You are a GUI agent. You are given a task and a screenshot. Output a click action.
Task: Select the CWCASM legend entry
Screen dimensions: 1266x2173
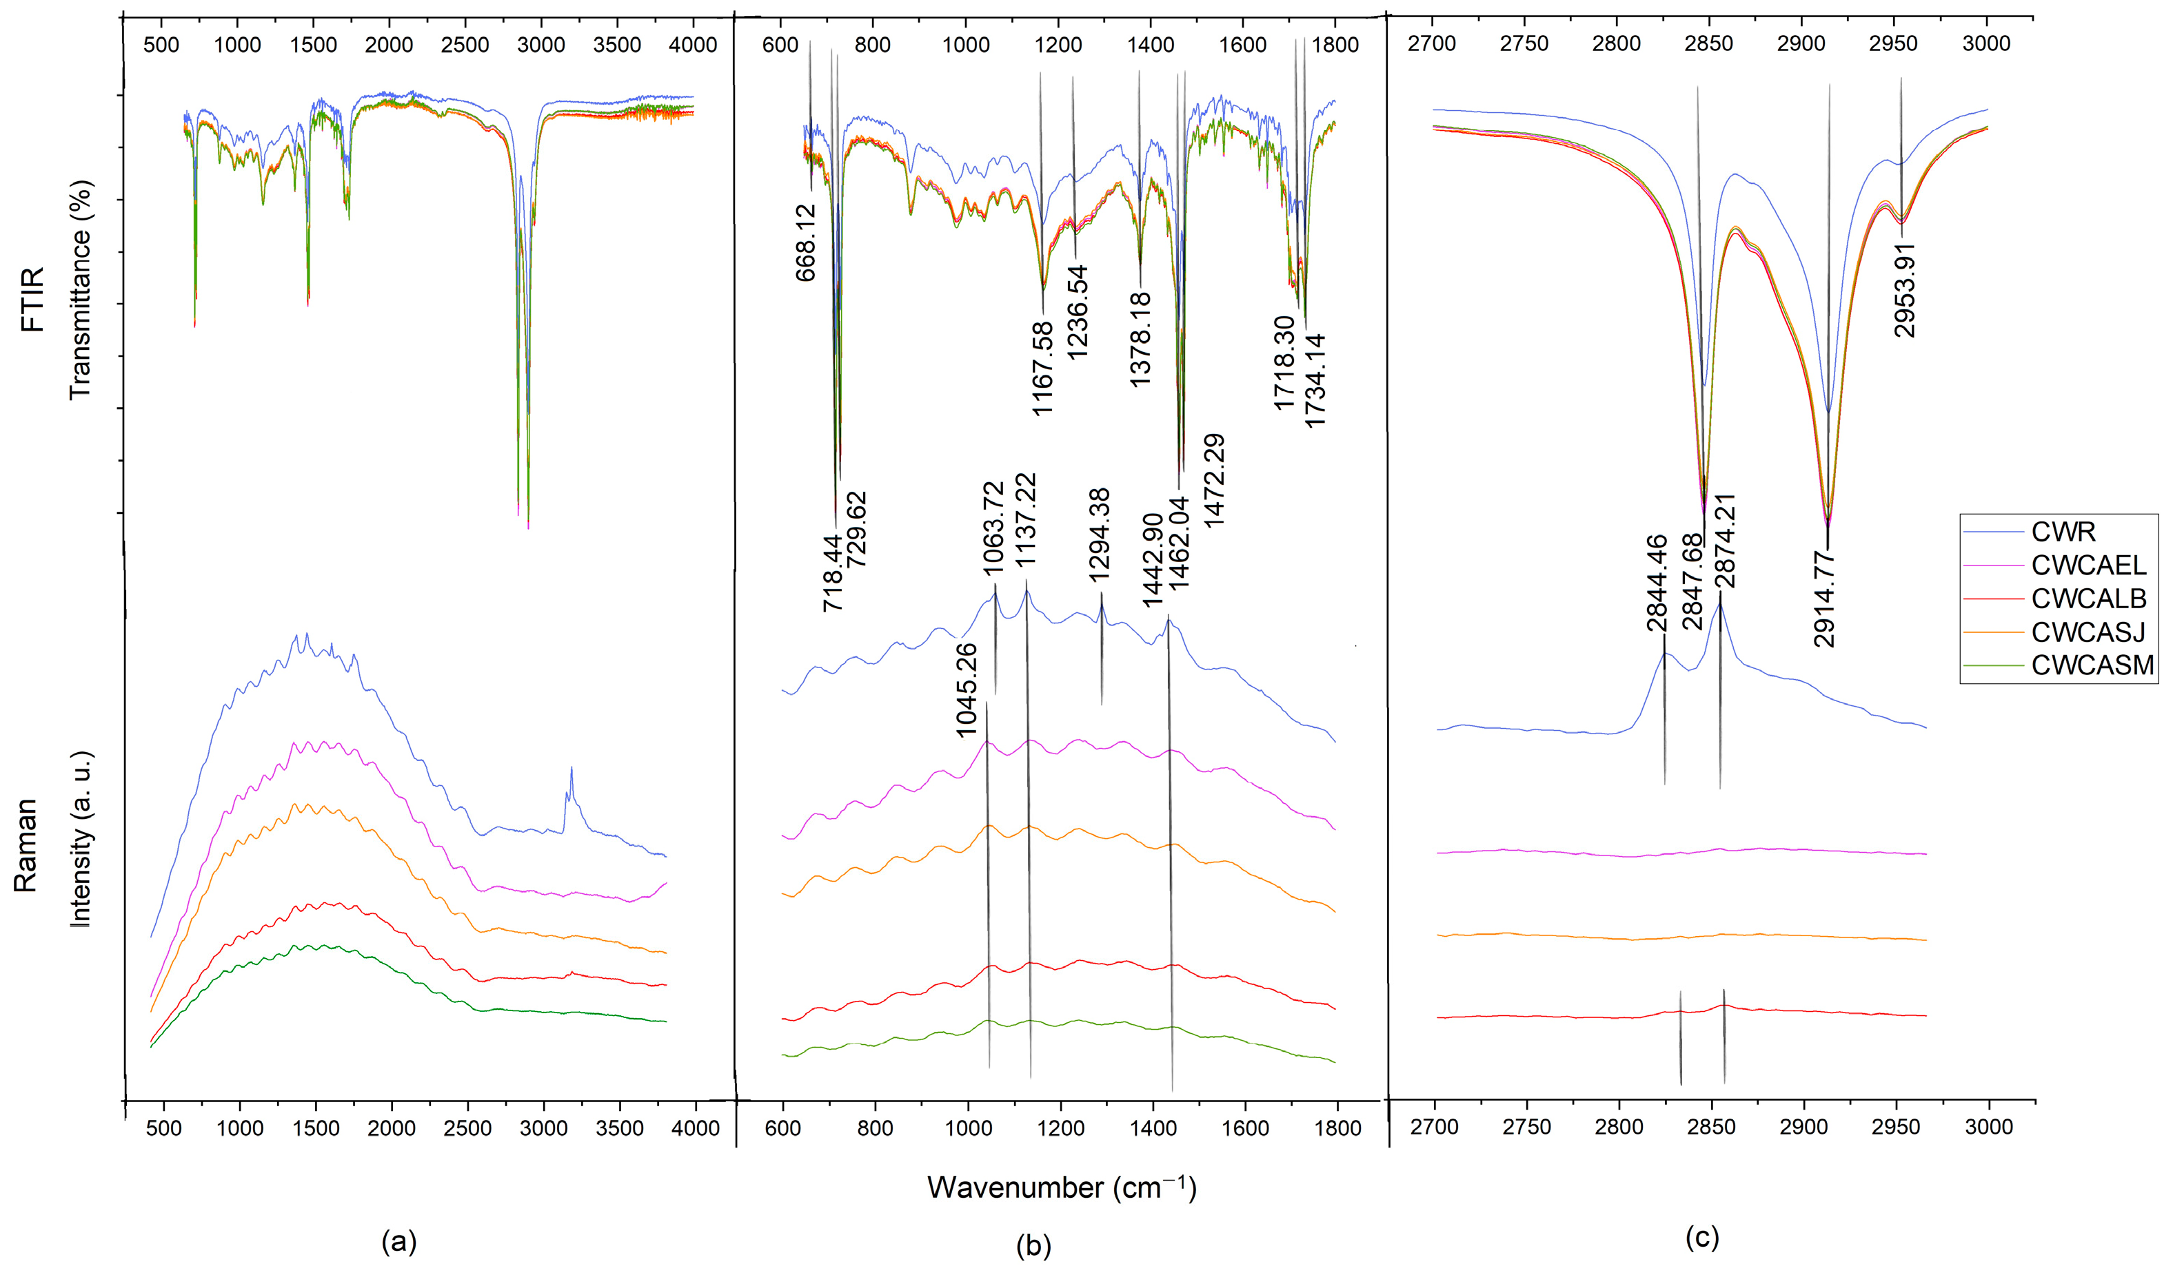(x=2092, y=665)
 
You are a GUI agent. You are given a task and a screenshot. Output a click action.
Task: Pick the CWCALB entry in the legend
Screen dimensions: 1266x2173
(x=2088, y=598)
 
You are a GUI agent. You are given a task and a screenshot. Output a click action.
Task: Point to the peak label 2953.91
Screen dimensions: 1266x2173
(x=1905, y=291)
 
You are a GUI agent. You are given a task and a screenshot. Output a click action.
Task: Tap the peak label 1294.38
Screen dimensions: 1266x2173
(x=1100, y=535)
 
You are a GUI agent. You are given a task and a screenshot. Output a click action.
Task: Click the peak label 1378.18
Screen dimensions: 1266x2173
(x=1140, y=340)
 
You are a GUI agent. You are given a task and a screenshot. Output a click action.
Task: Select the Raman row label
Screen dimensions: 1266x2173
(x=26, y=844)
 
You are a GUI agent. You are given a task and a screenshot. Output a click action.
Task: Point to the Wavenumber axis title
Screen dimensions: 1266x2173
(x=1062, y=1187)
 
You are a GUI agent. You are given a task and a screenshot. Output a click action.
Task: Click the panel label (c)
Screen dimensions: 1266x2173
(x=1701, y=1238)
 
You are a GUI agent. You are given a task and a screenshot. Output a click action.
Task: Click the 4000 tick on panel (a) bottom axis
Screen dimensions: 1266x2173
(x=695, y=1128)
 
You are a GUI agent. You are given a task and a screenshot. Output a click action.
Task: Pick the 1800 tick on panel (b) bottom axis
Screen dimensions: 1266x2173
(x=1338, y=1128)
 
